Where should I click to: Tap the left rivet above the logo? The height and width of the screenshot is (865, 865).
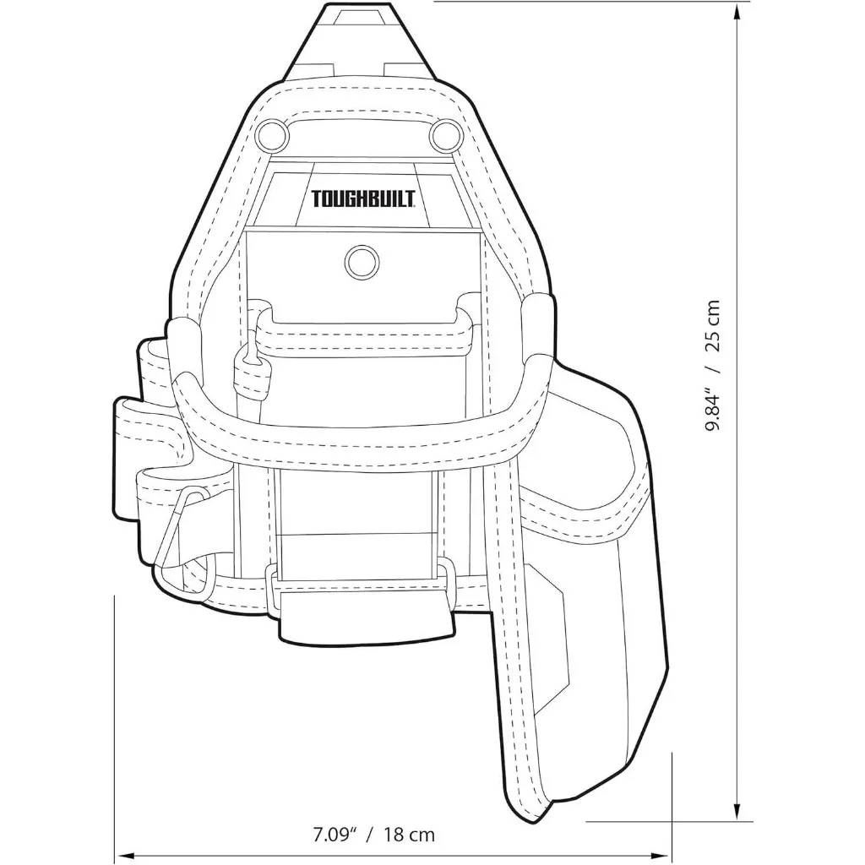click(275, 133)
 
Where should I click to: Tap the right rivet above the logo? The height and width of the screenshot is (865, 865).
click(442, 133)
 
